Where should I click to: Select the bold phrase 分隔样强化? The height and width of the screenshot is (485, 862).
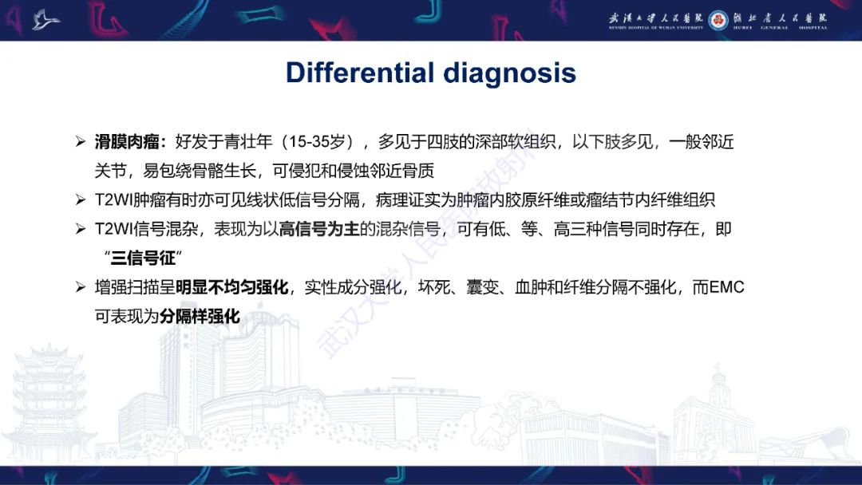pyautogui.click(x=200, y=316)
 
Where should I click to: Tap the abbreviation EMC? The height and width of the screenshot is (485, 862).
pyautogui.click(x=726, y=287)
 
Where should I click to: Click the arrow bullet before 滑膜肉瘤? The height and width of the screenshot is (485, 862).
pyautogui.click(x=80, y=143)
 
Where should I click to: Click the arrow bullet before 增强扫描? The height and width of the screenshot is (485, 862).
pyautogui.click(x=80, y=287)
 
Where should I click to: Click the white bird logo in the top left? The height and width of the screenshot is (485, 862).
pyautogui.click(x=45, y=19)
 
